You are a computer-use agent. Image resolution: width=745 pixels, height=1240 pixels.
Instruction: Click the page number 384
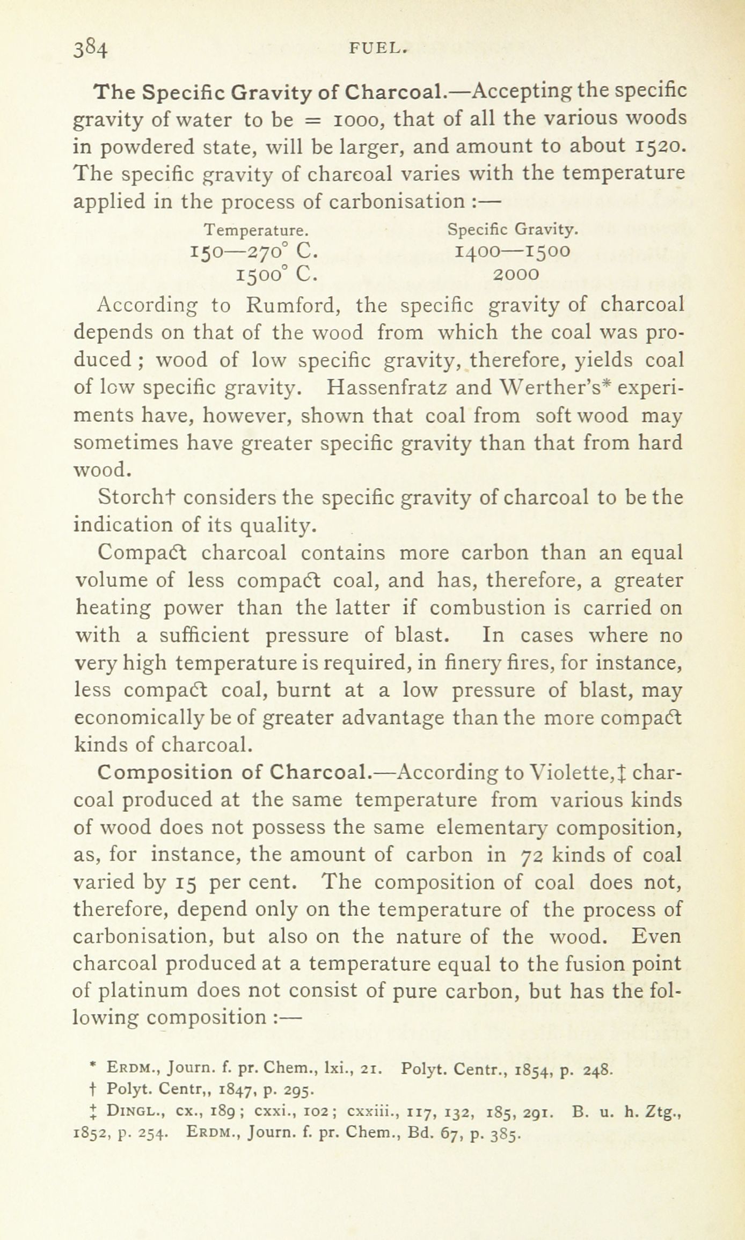tap(92, 49)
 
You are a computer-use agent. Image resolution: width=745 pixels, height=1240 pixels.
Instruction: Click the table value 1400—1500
tap(512, 251)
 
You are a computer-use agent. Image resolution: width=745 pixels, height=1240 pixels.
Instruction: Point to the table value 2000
tap(516, 274)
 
